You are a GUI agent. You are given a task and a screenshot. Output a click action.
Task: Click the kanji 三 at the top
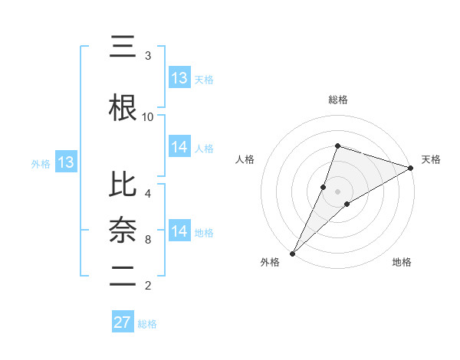[x=123, y=47]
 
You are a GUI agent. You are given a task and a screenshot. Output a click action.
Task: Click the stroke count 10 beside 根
[x=148, y=117]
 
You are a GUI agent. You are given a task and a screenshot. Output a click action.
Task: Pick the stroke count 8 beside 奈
[x=148, y=240]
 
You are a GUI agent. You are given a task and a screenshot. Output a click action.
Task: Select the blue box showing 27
[x=123, y=322]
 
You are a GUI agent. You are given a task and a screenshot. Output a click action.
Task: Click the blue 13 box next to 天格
[x=179, y=78]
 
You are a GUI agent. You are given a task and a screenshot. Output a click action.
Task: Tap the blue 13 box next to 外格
[x=65, y=162]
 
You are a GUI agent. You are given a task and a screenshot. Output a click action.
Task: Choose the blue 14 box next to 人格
[x=179, y=147]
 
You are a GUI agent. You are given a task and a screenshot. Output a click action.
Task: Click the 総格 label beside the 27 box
[x=147, y=324]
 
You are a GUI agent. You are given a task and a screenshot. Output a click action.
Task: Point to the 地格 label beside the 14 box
[x=204, y=233]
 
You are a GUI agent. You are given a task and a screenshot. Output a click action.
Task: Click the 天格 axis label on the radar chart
[x=432, y=159]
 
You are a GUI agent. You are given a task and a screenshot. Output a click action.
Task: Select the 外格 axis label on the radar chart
[x=270, y=262]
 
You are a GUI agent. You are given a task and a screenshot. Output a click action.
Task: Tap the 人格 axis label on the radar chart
[x=245, y=159]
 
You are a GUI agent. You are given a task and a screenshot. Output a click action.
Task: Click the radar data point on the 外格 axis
[x=292, y=253]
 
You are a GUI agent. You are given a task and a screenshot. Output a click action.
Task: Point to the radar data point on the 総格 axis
[x=337, y=146]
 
